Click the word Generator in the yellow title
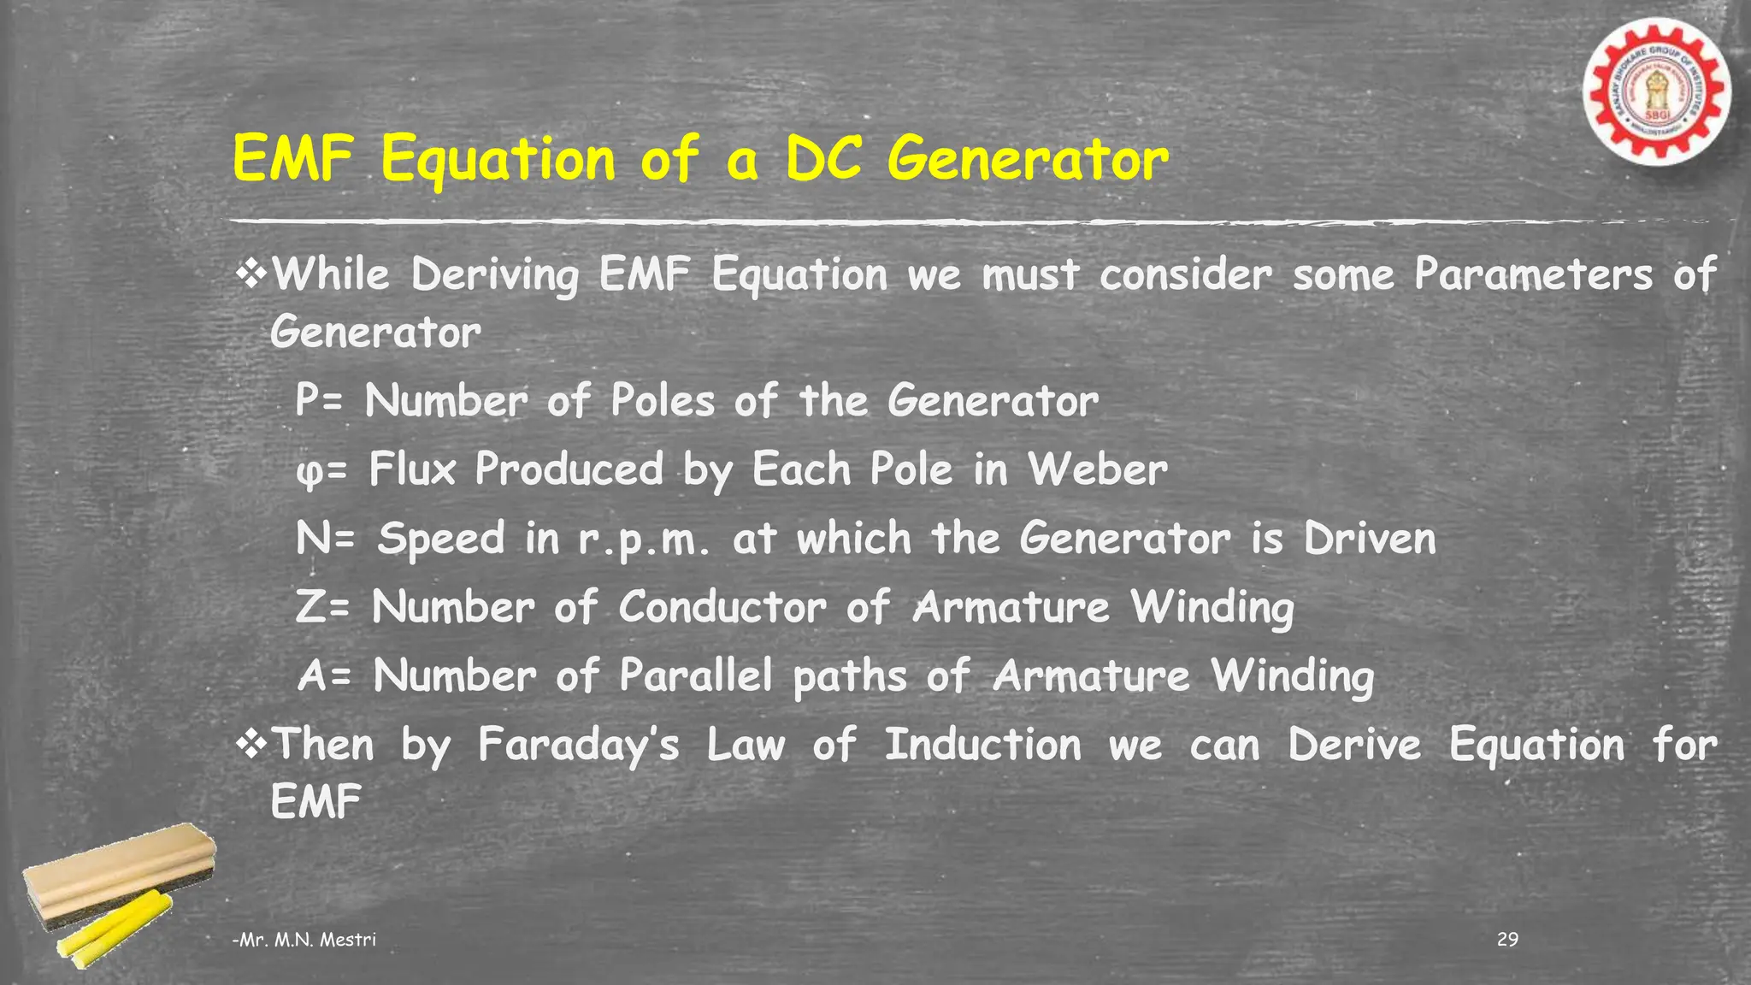[1027, 160]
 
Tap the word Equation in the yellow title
[498, 160]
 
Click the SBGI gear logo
[1656, 92]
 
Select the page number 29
[1507, 940]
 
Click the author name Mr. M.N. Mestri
[305, 940]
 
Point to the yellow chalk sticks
[115, 928]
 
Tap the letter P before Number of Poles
[306, 400]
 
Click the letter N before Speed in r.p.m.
[311, 539]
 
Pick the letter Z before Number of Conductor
[309, 607]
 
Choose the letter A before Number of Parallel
[311, 675]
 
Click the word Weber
[1097, 469]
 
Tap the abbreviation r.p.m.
[643, 540]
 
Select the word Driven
[1370, 539]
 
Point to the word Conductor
[722, 607]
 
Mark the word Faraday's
[579, 745]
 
